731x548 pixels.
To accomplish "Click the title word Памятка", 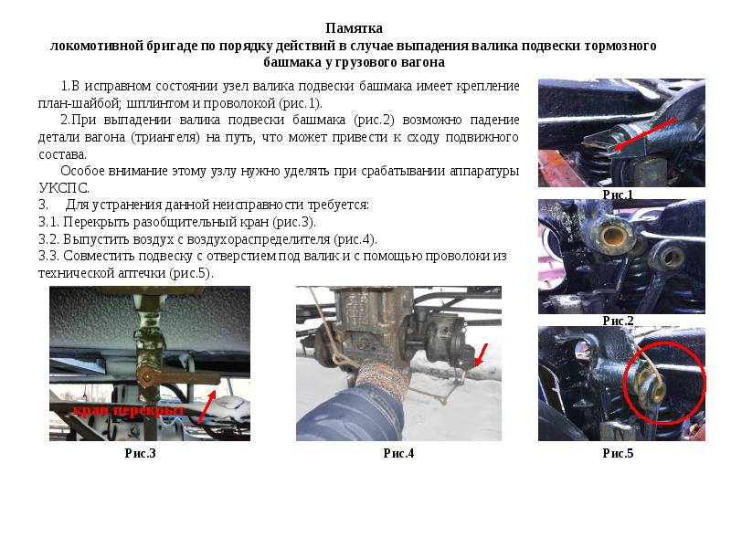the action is (x=354, y=28).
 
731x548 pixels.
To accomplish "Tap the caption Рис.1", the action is (x=618, y=195).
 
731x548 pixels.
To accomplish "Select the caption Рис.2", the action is (x=618, y=321).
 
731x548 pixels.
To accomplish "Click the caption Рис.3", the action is (x=141, y=453).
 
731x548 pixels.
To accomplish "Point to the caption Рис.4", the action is (x=398, y=453).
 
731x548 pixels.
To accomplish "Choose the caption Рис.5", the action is (x=618, y=453).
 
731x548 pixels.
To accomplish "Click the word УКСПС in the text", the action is (x=63, y=188).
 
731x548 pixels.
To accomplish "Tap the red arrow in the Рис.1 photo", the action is (x=645, y=133).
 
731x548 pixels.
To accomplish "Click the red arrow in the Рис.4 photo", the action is (x=481, y=355).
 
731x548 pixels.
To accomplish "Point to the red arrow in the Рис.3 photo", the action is (x=207, y=406).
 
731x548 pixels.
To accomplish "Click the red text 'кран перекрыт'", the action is (x=129, y=410).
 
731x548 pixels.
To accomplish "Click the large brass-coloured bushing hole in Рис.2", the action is (x=611, y=236).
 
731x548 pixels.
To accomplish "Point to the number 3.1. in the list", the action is (x=48, y=222).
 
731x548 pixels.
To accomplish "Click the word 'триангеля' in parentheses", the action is (x=165, y=138).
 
